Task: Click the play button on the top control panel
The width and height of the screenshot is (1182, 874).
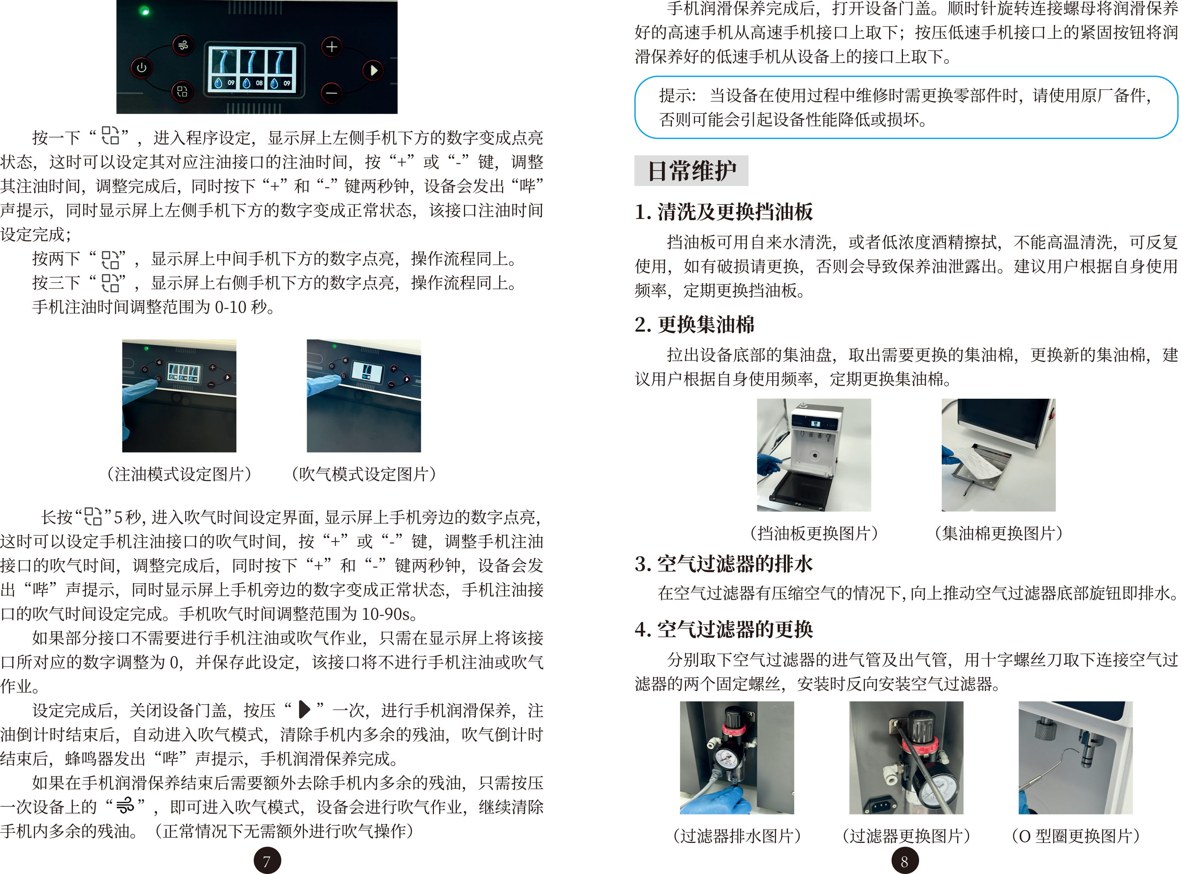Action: tap(373, 70)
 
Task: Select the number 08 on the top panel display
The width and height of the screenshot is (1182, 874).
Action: tap(259, 83)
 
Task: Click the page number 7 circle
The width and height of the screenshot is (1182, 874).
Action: tap(267, 861)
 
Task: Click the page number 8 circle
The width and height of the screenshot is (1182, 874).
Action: tap(904, 861)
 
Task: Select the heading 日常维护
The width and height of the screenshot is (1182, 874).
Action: tap(691, 171)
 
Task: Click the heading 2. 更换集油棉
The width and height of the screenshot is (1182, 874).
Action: tap(695, 324)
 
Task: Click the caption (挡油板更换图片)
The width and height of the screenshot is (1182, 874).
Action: tap(814, 533)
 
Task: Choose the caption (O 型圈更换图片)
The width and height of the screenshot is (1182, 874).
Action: tap(1075, 836)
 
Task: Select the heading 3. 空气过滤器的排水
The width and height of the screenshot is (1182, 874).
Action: tap(723, 564)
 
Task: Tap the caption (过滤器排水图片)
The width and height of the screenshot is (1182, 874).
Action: tap(737, 836)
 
